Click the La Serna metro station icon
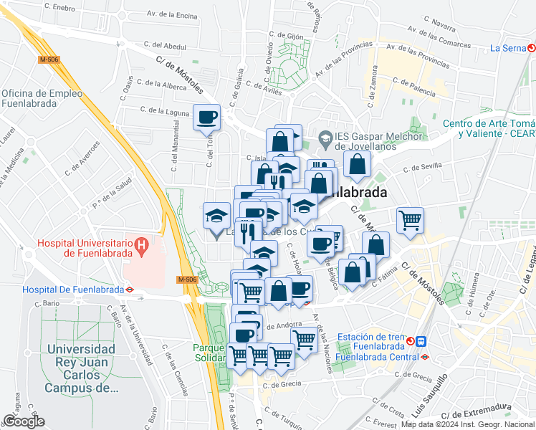pos(531,49)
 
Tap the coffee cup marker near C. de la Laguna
pos(206,117)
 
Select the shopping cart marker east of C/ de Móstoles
pos(410,220)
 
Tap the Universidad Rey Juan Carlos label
pos(81,368)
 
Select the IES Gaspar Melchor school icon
pos(325,136)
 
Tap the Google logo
pos(24,421)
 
